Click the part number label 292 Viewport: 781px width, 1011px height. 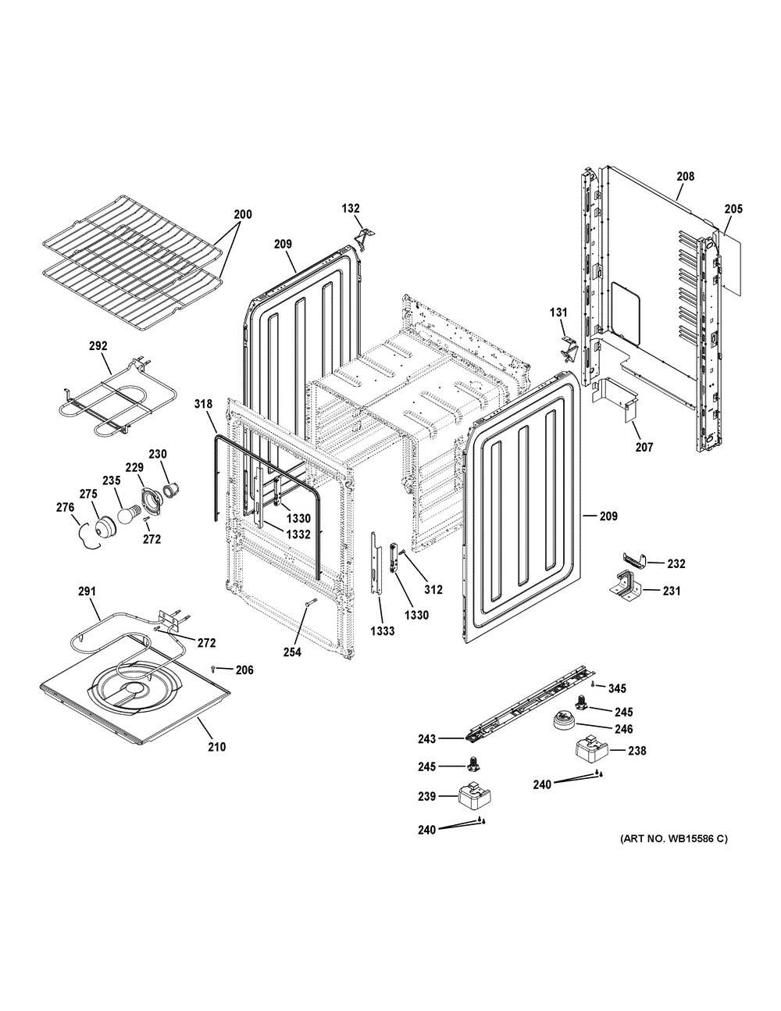[x=98, y=346]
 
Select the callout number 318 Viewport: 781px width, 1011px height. [x=203, y=404]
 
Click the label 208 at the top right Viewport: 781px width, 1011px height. [x=685, y=177]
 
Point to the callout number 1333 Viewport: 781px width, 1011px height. [x=383, y=631]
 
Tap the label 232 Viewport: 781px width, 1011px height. [x=676, y=564]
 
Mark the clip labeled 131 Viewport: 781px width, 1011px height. [x=570, y=349]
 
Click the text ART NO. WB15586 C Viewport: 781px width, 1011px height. [x=673, y=839]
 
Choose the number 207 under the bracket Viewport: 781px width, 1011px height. [x=644, y=447]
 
